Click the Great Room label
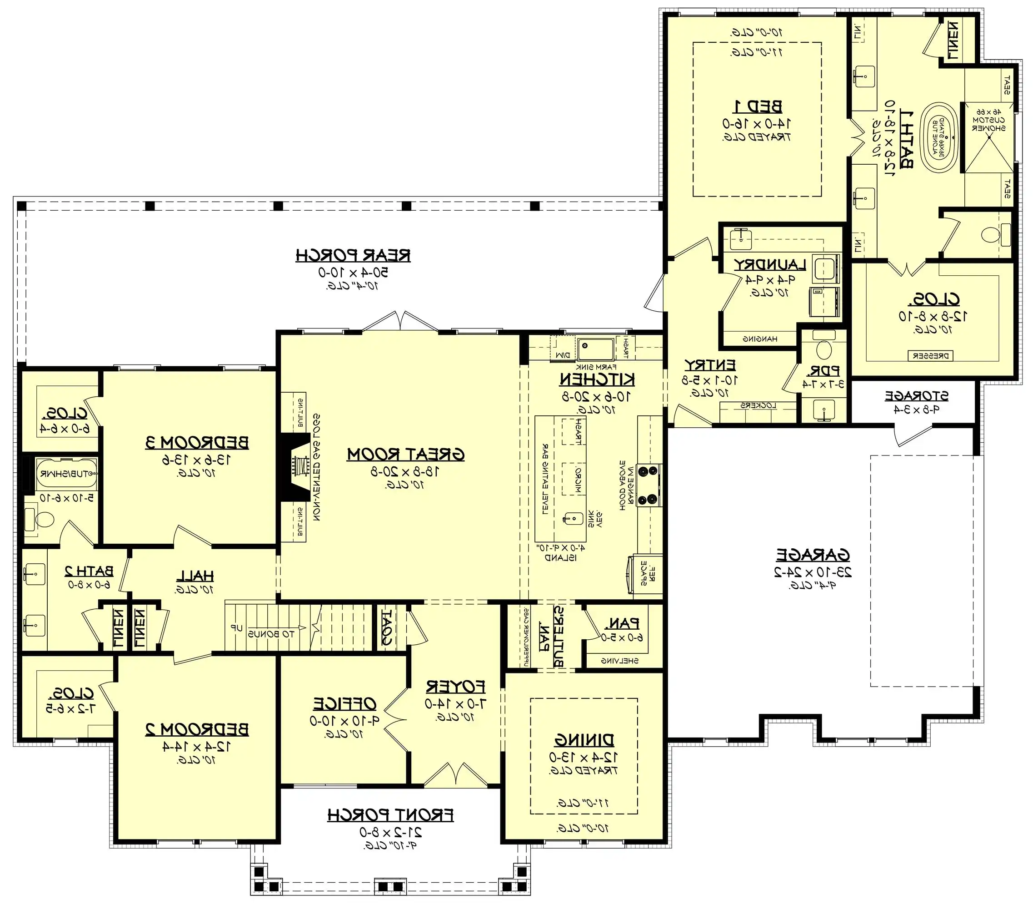click(405, 454)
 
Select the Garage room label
click(813, 555)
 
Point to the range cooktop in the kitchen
click(649, 485)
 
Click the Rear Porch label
click(353, 255)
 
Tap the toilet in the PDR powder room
click(824, 349)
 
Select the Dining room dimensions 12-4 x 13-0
click(583, 757)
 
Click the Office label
click(344, 703)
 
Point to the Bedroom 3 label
click(197, 443)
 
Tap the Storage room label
click(916, 396)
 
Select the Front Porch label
click(390, 815)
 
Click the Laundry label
click(769, 264)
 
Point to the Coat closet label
click(386, 627)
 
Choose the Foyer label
click(455, 687)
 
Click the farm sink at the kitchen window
click(595, 348)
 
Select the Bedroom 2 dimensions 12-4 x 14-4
click(197, 746)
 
